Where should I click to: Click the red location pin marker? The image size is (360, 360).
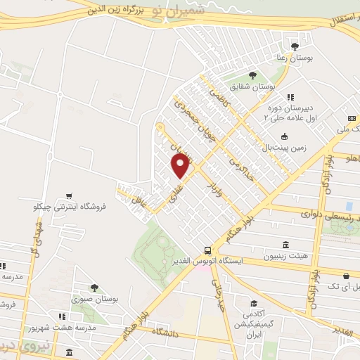(x=181, y=165)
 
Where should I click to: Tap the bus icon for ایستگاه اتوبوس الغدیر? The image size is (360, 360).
(x=207, y=250)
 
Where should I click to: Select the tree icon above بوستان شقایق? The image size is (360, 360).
(x=252, y=76)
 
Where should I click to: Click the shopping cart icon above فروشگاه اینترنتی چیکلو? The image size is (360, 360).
(x=69, y=196)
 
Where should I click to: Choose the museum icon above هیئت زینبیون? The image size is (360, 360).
(x=285, y=245)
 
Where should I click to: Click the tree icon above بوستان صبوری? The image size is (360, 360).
(x=94, y=287)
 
